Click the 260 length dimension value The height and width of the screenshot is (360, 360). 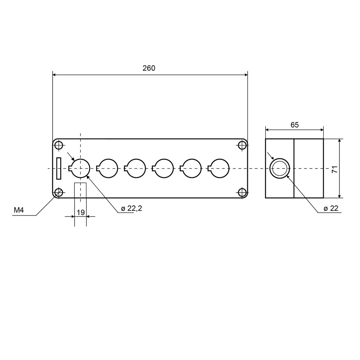click(x=149, y=68)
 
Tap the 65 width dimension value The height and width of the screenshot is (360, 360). click(x=294, y=125)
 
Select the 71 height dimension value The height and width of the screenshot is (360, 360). click(x=335, y=169)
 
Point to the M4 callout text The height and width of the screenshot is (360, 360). click(x=19, y=210)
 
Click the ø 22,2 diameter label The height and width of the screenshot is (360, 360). click(x=131, y=208)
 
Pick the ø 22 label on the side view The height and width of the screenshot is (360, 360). click(x=331, y=208)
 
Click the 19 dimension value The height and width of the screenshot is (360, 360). click(x=81, y=212)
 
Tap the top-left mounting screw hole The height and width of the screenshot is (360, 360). click(x=59, y=145)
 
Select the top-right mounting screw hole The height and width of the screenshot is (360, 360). click(x=242, y=145)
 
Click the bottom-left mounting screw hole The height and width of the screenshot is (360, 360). click(x=59, y=192)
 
